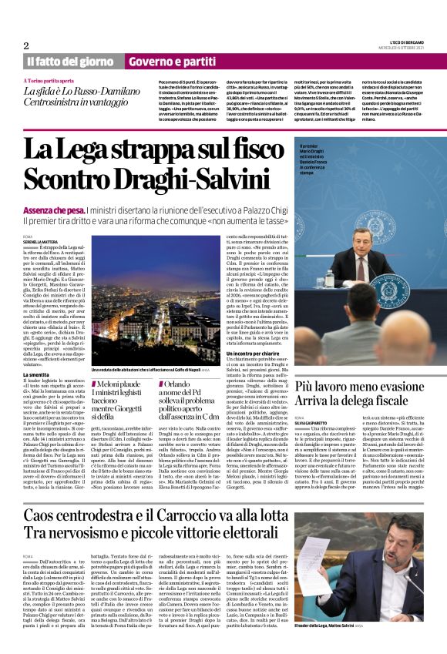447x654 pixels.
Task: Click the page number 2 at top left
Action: tap(25, 45)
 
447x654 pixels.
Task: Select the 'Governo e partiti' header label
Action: tap(172, 61)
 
